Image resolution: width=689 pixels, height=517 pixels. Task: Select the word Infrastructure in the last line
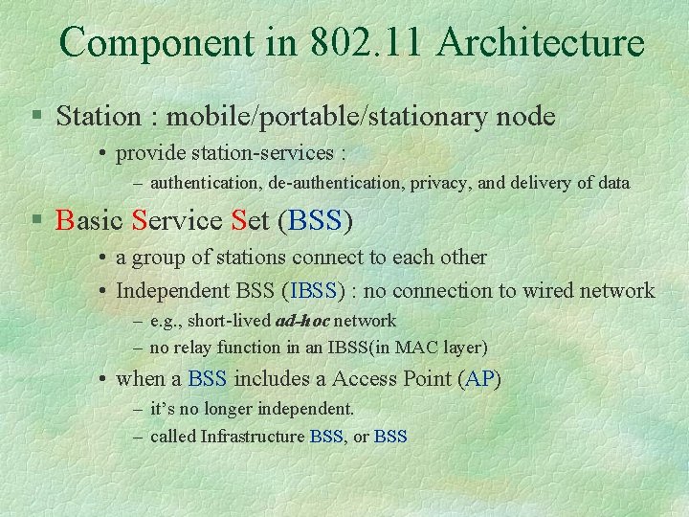(x=253, y=437)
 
